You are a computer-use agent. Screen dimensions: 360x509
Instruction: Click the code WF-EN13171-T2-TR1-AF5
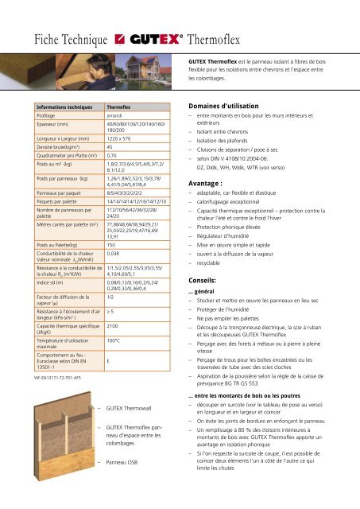(39, 401)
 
